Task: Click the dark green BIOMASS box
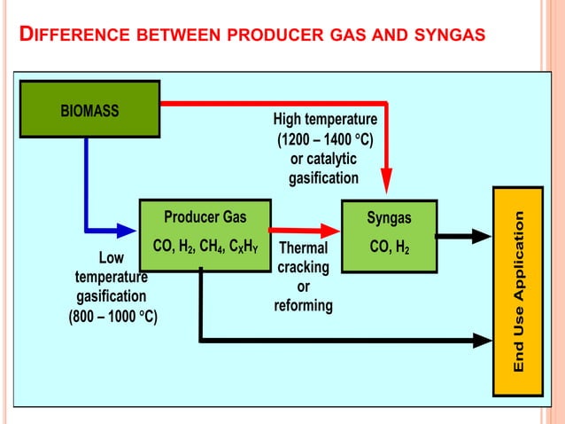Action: click(x=89, y=109)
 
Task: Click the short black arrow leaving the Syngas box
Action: click(x=463, y=236)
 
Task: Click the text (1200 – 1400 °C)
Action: click(x=325, y=139)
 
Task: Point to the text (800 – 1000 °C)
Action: click(x=112, y=317)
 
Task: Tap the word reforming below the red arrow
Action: click(x=303, y=305)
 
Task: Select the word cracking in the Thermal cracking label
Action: click(x=303, y=267)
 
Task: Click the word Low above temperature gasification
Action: click(x=111, y=258)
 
